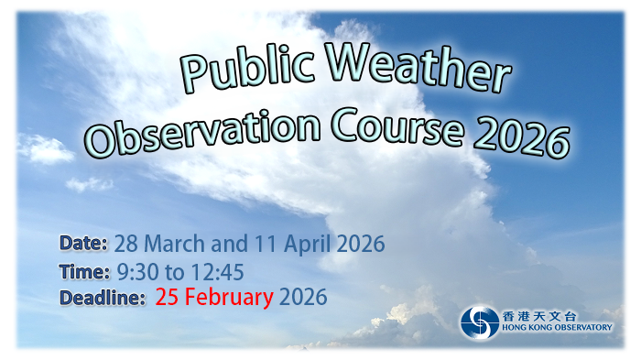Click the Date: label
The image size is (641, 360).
coord(84,244)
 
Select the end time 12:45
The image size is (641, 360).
coord(217,272)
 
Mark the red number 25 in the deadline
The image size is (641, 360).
coord(168,298)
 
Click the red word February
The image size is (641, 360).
coord(229,298)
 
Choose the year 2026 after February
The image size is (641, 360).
coord(303,298)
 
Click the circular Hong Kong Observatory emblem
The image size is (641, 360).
coord(479,322)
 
